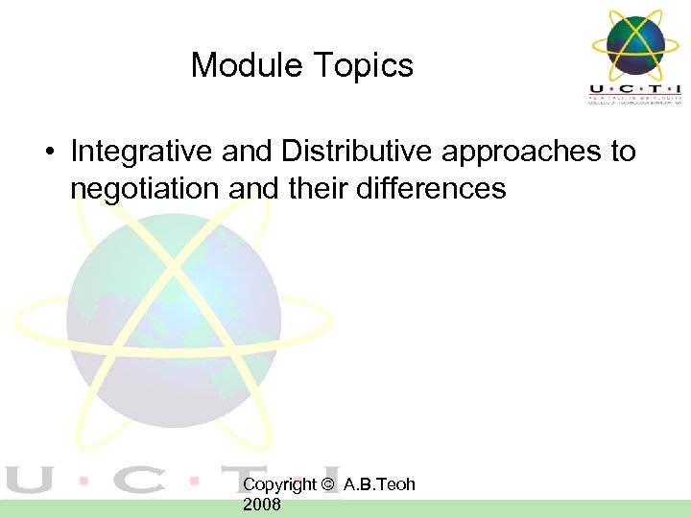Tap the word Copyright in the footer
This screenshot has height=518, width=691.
click(x=279, y=485)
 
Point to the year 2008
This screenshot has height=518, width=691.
click(x=262, y=505)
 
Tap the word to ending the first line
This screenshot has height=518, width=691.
click(x=622, y=153)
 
